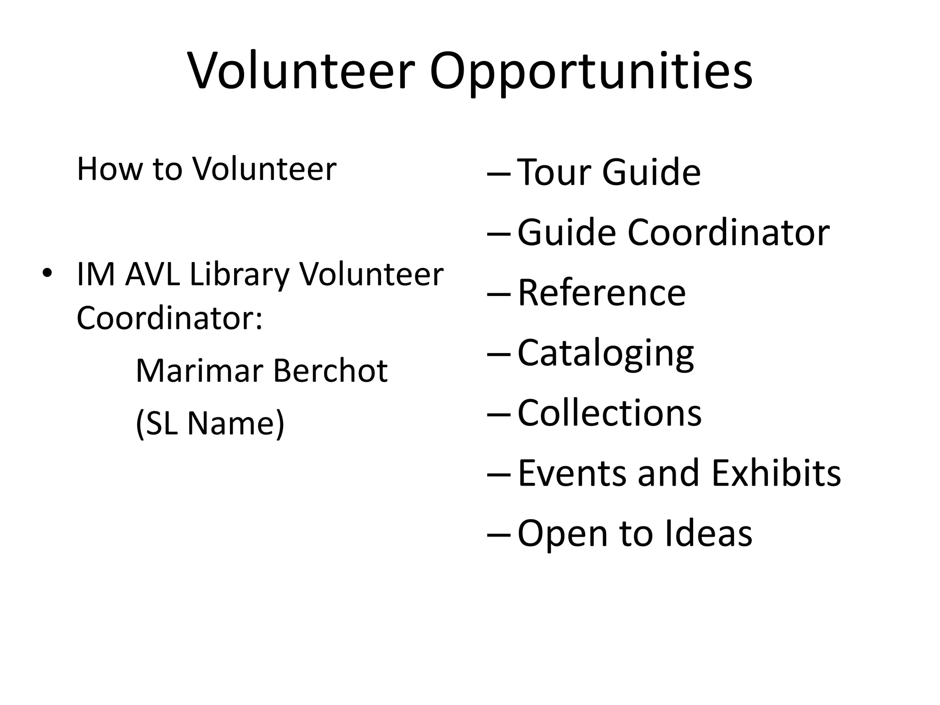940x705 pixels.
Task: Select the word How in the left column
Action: (110, 169)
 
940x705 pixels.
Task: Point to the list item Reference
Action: (601, 292)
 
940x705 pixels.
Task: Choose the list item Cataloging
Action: (605, 353)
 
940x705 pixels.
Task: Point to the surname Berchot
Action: (330, 370)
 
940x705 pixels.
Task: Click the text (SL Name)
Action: (210, 423)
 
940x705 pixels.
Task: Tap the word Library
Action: (239, 274)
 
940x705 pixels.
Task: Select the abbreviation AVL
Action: (152, 274)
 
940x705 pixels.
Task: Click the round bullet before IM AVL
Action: (46, 274)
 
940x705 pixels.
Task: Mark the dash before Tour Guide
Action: (498, 173)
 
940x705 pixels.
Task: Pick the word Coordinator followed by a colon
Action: (169, 318)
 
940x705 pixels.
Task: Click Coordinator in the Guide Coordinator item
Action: (728, 232)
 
